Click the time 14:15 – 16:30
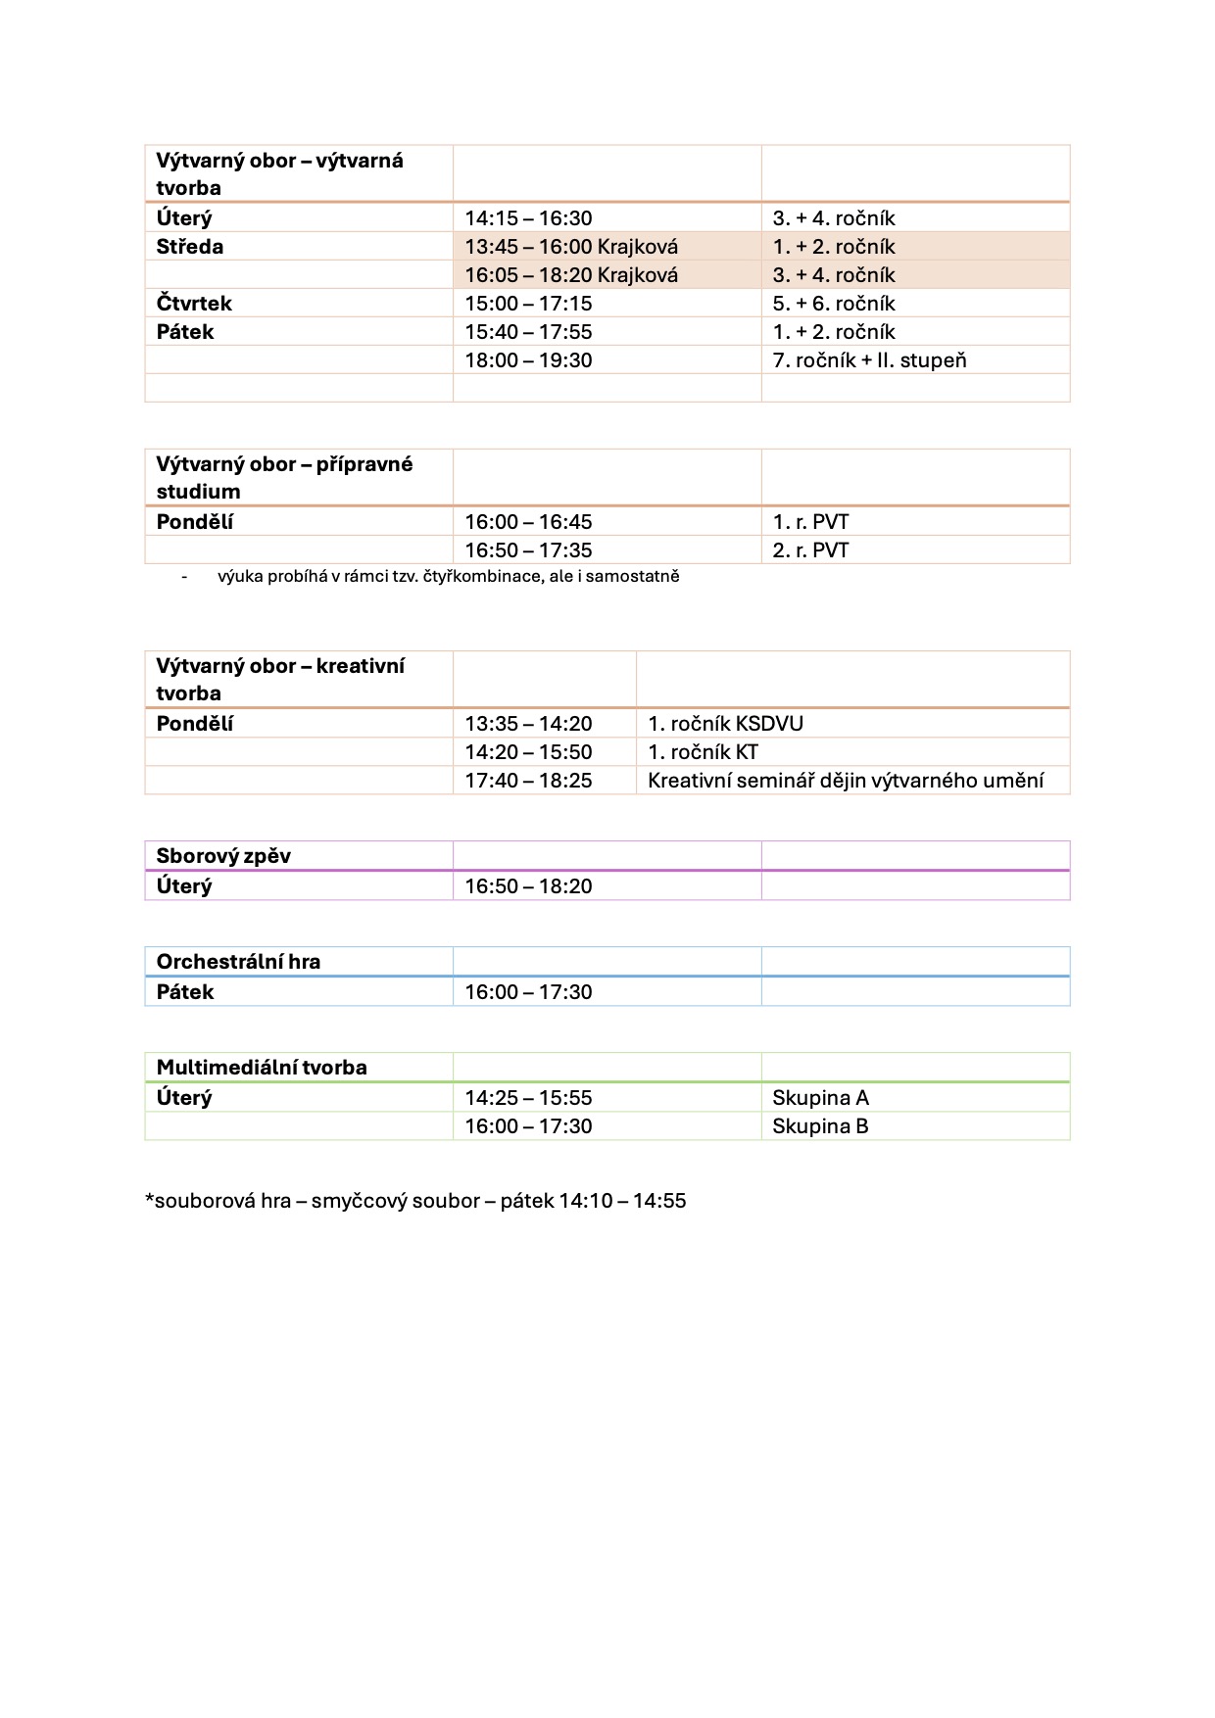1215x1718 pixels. tap(528, 218)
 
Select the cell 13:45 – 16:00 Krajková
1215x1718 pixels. tap(571, 247)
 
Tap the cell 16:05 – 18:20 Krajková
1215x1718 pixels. tap(571, 275)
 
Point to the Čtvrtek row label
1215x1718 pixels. tap(194, 304)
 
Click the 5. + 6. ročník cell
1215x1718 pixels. tap(834, 304)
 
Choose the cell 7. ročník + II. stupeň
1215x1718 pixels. tap(869, 360)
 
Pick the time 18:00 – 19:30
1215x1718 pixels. tap(528, 360)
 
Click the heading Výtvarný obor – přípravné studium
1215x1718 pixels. tap(284, 477)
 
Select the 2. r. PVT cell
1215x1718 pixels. tap(810, 550)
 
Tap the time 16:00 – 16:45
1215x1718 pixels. tap(528, 522)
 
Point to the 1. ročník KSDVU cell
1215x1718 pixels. tap(725, 724)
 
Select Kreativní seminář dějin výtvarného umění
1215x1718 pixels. tap(846, 781)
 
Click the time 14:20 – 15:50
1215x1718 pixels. tap(528, 752)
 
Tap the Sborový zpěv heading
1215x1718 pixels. tap(223, 856)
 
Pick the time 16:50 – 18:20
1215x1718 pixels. tap(528, 886)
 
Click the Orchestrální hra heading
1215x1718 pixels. tap(238, 962)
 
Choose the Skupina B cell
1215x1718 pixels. tap(820, 1126)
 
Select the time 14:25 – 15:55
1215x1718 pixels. tap(528, 1098)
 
